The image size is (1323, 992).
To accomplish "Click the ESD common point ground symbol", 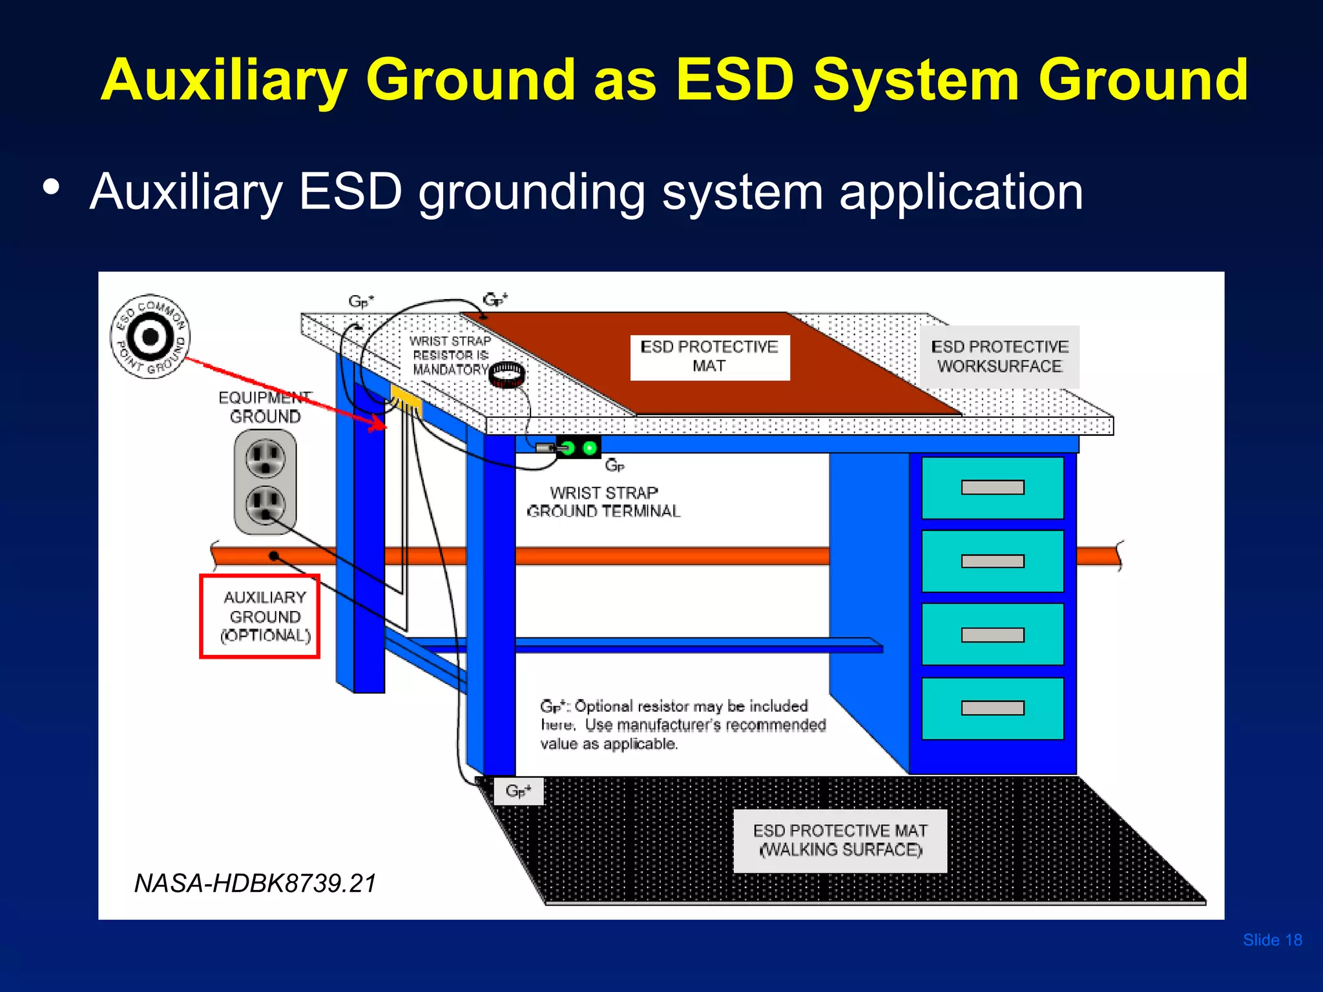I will (151, 336).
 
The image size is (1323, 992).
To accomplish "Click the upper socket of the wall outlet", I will (265, 458).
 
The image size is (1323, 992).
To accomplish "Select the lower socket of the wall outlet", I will (265, 504).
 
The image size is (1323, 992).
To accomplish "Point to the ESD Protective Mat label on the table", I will (709, 357).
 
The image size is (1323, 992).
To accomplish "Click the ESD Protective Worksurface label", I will (999, 357).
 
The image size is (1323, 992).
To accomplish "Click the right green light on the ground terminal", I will (590, 448).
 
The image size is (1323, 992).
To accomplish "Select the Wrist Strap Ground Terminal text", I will (603, 502).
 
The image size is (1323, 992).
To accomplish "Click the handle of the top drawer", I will (992, 488).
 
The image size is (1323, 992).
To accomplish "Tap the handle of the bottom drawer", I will (992, 708).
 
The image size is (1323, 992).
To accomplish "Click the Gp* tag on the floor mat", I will (518, 791).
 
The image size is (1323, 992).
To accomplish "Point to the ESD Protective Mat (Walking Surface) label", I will (840, 840).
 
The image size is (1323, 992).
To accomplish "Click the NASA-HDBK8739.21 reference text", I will (255, 883).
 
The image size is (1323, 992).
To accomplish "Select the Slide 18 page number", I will (1272, 940).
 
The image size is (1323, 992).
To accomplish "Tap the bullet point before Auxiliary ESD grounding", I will (51, 188).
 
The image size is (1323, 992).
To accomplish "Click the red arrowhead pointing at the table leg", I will (377, 424).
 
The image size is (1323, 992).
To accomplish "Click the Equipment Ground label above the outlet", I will (265, 407).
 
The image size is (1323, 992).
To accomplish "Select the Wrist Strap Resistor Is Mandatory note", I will (451, 355).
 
